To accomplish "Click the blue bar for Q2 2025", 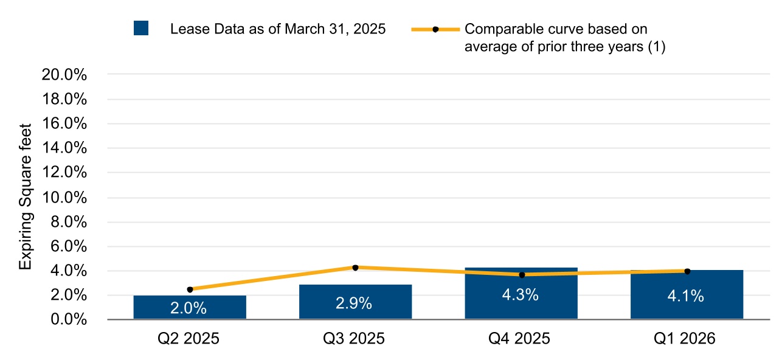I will click(190, 307).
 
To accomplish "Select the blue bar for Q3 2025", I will click(355, 302).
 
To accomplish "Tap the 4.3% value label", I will click(521, 296).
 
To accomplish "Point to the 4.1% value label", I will click(687, 296).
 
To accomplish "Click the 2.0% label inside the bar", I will click(190, 308).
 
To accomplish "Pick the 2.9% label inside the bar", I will click(355, 303).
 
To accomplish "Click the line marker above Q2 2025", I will click(190, 289).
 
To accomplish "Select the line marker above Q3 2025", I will click(355, 268).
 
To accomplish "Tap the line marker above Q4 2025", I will click(521, 275).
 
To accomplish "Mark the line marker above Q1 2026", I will click(687, 271).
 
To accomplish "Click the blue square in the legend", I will click(141, 29).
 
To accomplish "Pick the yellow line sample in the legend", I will click(435, 29).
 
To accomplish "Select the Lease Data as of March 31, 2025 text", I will click(278, 29).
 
